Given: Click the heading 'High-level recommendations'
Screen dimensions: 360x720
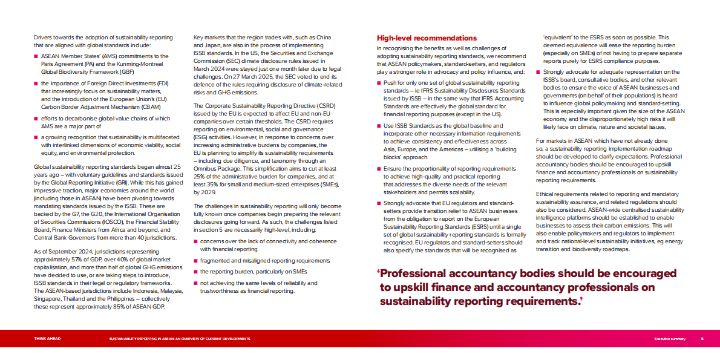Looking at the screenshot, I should (427, 38).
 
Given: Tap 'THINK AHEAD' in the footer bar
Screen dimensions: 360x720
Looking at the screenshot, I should (47, 339).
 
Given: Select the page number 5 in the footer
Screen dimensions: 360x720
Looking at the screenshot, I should (702, 339).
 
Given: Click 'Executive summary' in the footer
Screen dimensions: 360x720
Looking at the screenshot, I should (670, 339).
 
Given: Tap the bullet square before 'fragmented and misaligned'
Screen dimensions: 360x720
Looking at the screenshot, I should (195, 260).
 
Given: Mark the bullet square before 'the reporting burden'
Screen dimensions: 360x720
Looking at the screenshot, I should (195, 272).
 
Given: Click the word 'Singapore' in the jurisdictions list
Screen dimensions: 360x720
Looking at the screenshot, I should (47, 298).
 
